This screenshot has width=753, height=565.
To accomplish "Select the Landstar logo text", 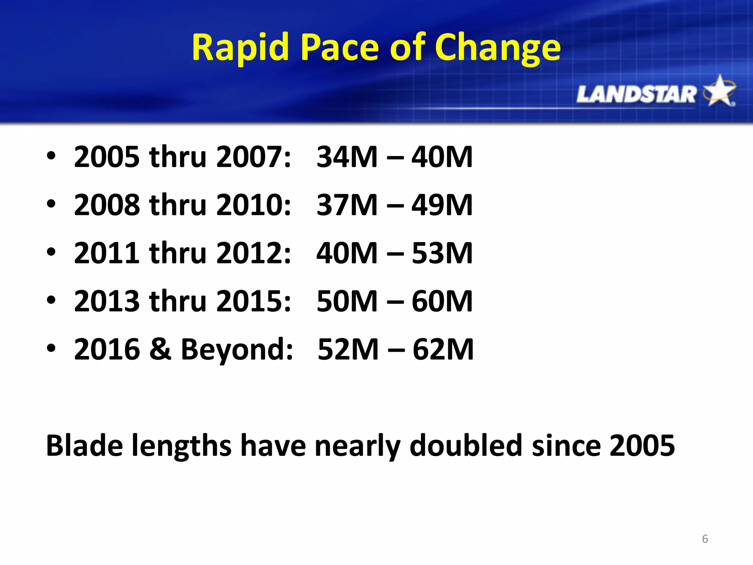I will coord(636,94).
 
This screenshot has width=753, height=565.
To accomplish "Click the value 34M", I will coord(347,157).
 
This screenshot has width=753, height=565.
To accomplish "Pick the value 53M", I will coord(442,253).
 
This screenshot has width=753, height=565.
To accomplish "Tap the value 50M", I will coord(347,301).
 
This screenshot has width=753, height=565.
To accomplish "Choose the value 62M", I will coord(443,349).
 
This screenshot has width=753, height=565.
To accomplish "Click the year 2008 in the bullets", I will coord(107,205).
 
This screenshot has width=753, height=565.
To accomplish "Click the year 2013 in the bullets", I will coord(107,301).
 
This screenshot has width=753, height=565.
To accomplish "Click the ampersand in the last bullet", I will coord(160,349).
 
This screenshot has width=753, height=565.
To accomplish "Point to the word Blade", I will coord(84,445).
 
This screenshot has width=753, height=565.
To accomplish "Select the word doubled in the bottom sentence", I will coord(465,445).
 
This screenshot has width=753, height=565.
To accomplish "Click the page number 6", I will coord(705,539).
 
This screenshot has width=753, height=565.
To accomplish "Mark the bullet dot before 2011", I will coord(51,252).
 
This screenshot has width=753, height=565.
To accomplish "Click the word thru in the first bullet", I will coord(178,157).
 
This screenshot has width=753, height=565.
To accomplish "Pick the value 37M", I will coord(347,205).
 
